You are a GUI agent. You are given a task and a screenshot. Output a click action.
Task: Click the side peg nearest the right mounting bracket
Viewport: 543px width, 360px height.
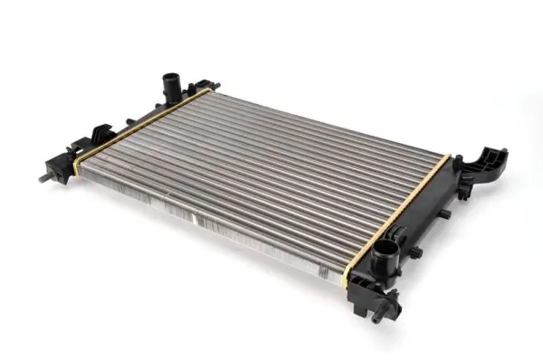point(445,214)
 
